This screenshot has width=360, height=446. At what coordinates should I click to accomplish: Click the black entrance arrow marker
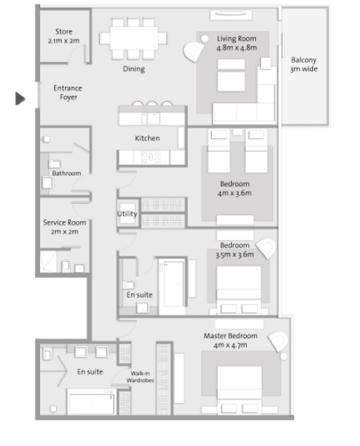20,98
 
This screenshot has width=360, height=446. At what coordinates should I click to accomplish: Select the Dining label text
134,69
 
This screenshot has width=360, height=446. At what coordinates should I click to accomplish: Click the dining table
134,38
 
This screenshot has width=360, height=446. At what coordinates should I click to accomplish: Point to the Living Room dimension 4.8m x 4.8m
236,48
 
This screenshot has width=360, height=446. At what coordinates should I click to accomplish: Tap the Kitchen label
147,138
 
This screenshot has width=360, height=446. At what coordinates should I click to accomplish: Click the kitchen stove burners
151,157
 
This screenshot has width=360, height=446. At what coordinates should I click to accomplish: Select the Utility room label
127,214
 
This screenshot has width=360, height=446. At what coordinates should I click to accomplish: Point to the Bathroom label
66,174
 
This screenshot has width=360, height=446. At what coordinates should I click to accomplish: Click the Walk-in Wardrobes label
140,377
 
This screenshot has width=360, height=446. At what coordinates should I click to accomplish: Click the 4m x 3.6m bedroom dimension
235,193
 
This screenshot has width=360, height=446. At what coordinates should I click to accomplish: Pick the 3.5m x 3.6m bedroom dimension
235,254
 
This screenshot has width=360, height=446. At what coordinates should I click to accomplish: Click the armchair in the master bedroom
278,341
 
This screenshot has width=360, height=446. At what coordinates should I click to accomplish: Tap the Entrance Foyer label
68,92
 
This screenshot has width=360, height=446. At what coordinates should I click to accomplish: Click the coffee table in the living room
231,75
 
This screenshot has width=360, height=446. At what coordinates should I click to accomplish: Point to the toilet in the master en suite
47,354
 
